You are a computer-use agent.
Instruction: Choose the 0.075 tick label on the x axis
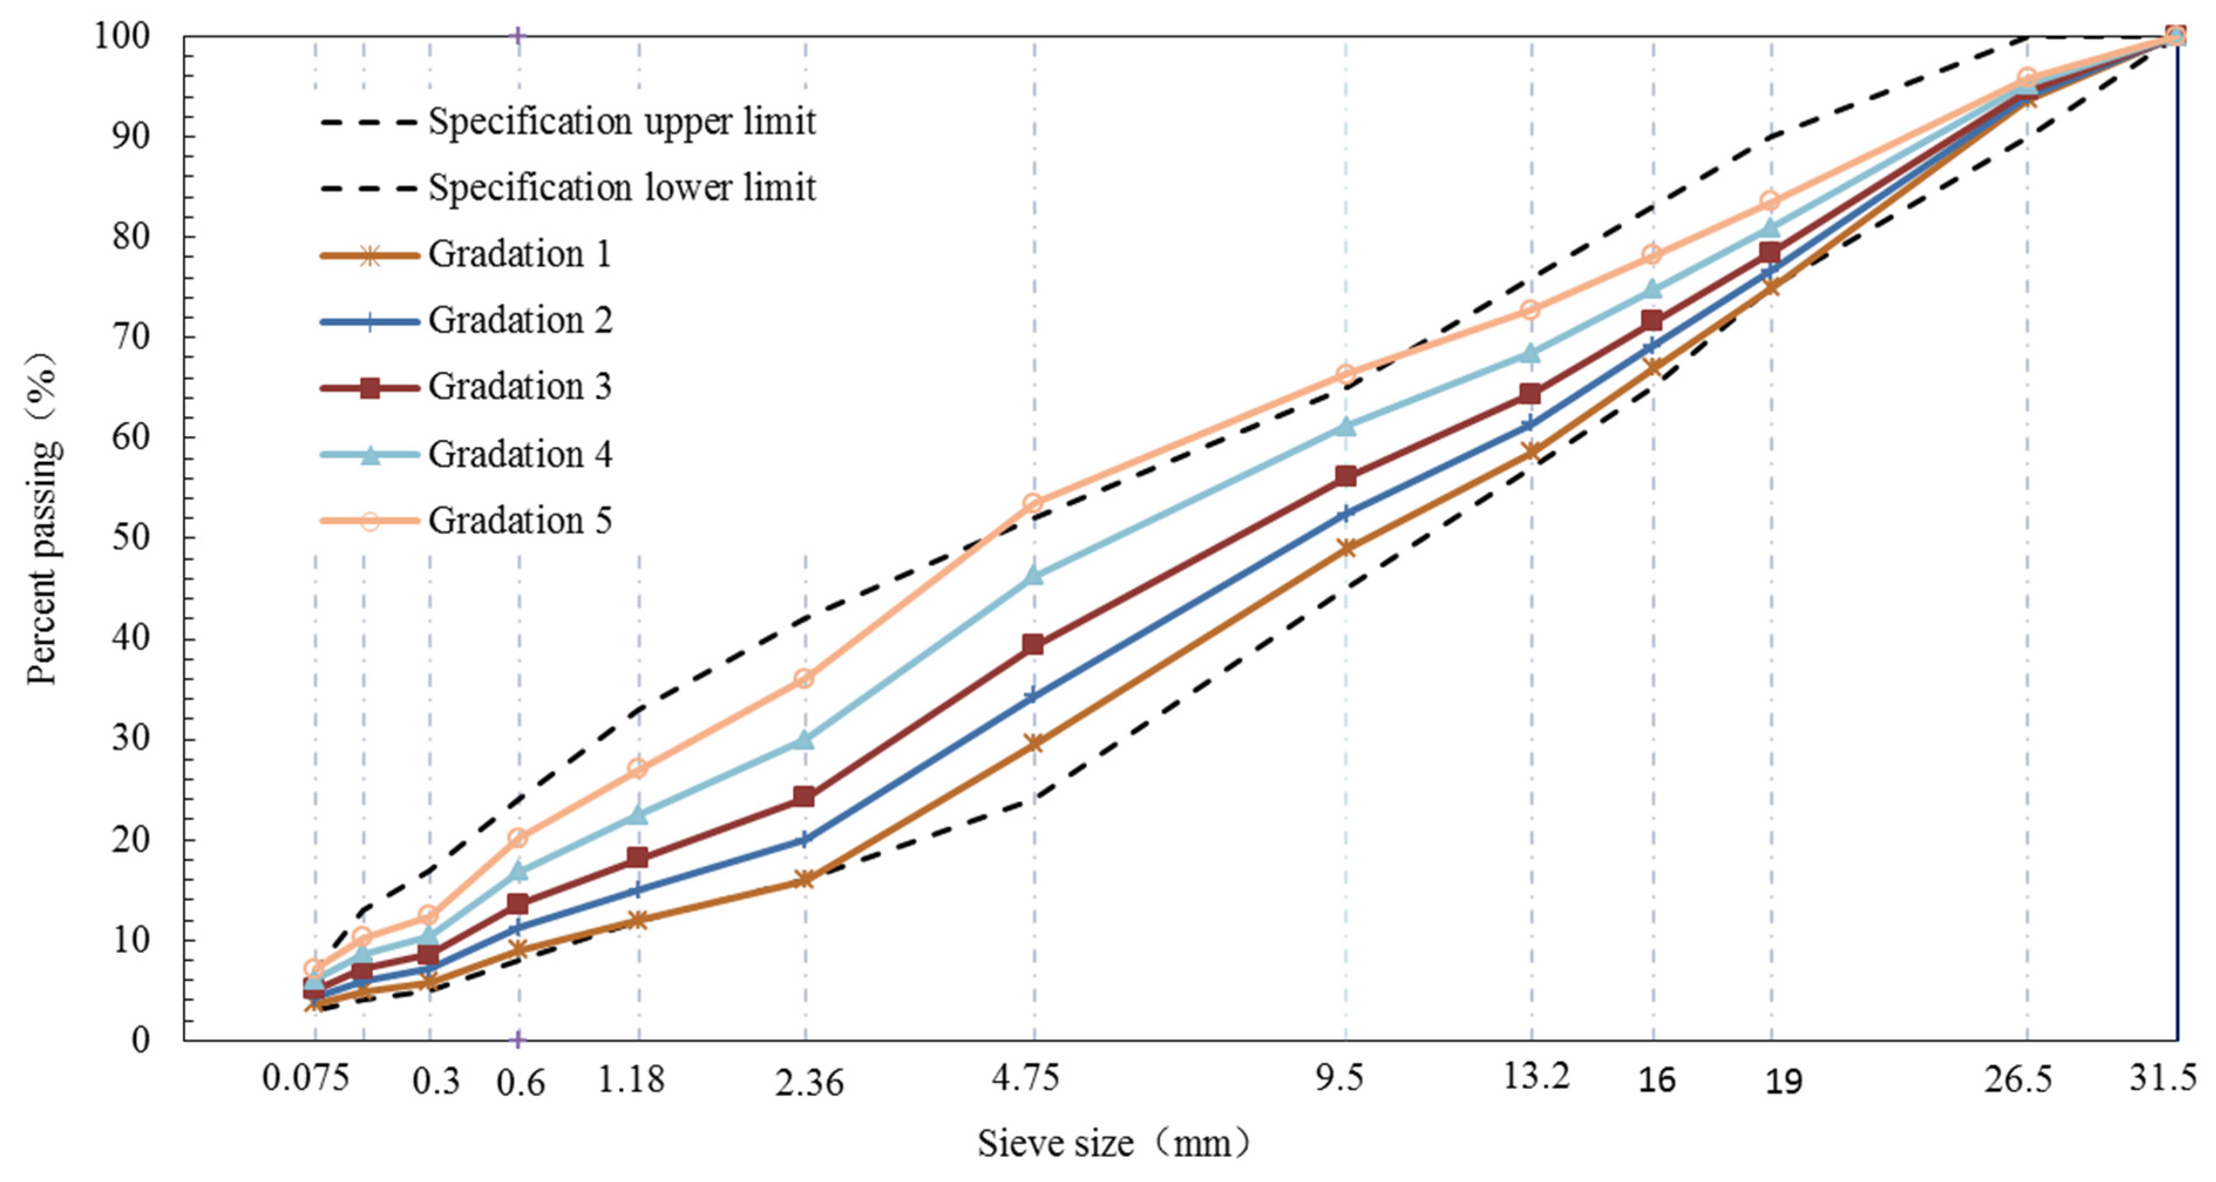(306, 1077)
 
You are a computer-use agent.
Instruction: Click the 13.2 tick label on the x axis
(1536, 1075)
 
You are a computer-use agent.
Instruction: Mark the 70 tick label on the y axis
(131, 337)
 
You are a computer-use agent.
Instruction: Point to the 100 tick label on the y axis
(122, 36)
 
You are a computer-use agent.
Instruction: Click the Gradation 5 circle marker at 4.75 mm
(1033, 503)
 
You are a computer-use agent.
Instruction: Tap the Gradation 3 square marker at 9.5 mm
(1346, 475)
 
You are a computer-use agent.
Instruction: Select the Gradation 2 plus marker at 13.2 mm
(1529, 424)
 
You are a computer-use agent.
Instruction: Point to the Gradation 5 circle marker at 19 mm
(1770, 201)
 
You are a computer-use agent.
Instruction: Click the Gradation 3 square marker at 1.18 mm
(637, 857)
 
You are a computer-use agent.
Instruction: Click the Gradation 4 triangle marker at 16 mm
(1652, 289)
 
